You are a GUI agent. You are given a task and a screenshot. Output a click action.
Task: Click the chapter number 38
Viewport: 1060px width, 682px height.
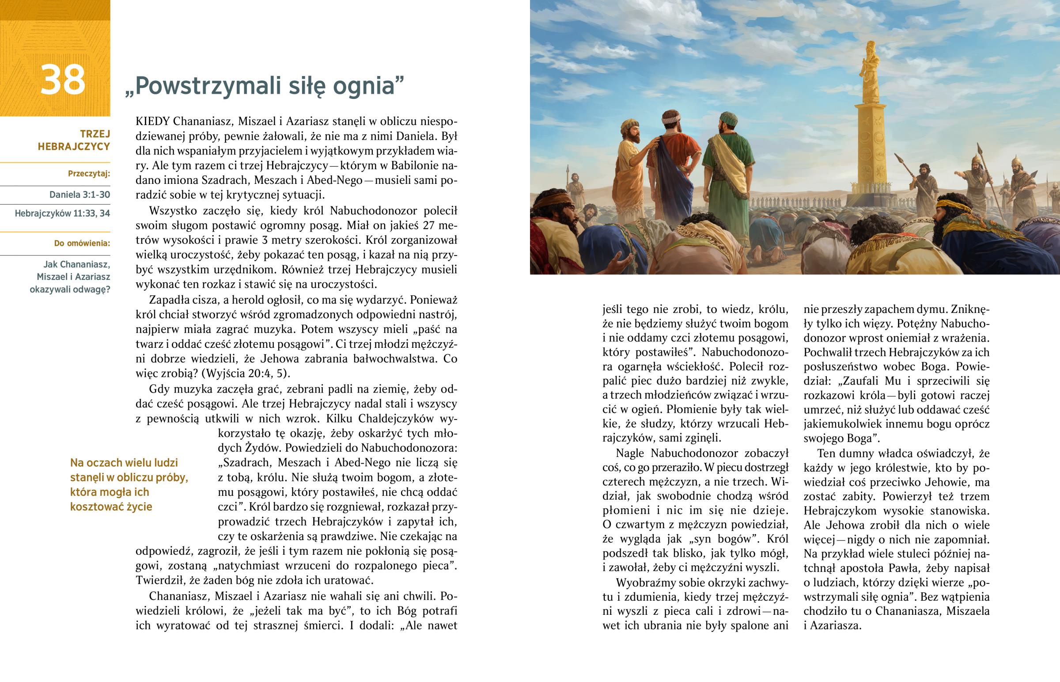point(62,80)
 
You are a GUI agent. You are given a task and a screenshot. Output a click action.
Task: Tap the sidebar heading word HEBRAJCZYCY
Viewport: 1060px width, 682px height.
point(73,147)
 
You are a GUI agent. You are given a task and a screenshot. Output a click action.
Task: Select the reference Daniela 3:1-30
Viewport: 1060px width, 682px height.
point(79,195)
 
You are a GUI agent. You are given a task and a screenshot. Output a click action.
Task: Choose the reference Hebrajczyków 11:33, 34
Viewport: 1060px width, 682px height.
point(62,213)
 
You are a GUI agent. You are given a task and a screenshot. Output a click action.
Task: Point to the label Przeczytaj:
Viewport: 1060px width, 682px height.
point(89,174)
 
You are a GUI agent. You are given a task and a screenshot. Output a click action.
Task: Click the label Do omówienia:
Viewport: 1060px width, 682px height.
point(82,243)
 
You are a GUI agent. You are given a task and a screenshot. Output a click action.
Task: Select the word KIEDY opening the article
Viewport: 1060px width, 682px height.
point(153,122)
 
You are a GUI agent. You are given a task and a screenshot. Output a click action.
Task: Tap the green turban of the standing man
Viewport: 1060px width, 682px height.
point(728,118)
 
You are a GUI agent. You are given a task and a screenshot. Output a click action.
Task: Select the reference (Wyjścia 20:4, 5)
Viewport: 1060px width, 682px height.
point(246,373)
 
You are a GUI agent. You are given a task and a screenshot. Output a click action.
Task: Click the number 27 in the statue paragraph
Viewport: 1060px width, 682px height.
point(429,225)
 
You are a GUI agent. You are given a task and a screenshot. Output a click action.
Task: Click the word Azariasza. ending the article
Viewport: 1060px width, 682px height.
point(835,626)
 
